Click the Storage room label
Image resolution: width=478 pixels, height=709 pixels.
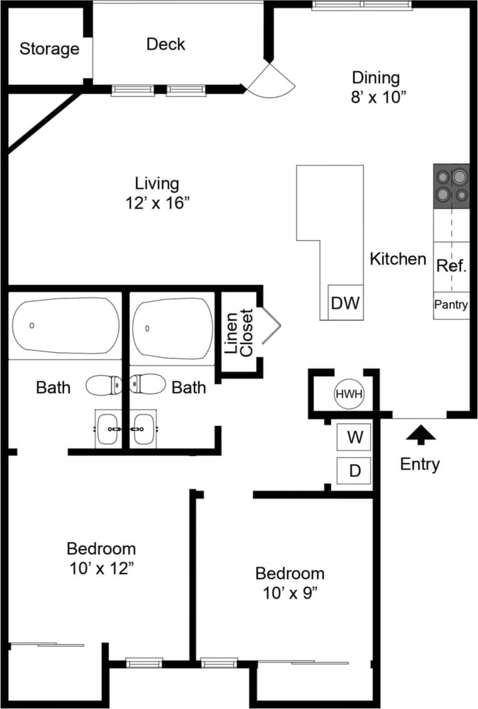tap(49, 49)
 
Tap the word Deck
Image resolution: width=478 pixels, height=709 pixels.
tap(166, 44)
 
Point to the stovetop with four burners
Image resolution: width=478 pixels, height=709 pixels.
tap(451, 186)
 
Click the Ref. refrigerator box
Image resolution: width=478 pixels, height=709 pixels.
tap(451, 266)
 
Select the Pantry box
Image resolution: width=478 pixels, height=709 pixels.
tap(451, 305)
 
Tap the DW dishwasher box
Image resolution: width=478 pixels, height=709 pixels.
tap(345, 303)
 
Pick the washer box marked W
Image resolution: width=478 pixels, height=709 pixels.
tap(355, 437)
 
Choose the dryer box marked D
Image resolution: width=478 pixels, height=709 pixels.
tap(355, 471)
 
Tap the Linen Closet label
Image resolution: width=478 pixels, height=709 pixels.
tap(239, 333)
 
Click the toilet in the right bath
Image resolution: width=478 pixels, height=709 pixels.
tap(148, 383)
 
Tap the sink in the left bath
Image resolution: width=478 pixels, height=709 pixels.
tap(108, 429)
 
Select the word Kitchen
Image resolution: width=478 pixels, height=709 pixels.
tap(398, 259)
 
